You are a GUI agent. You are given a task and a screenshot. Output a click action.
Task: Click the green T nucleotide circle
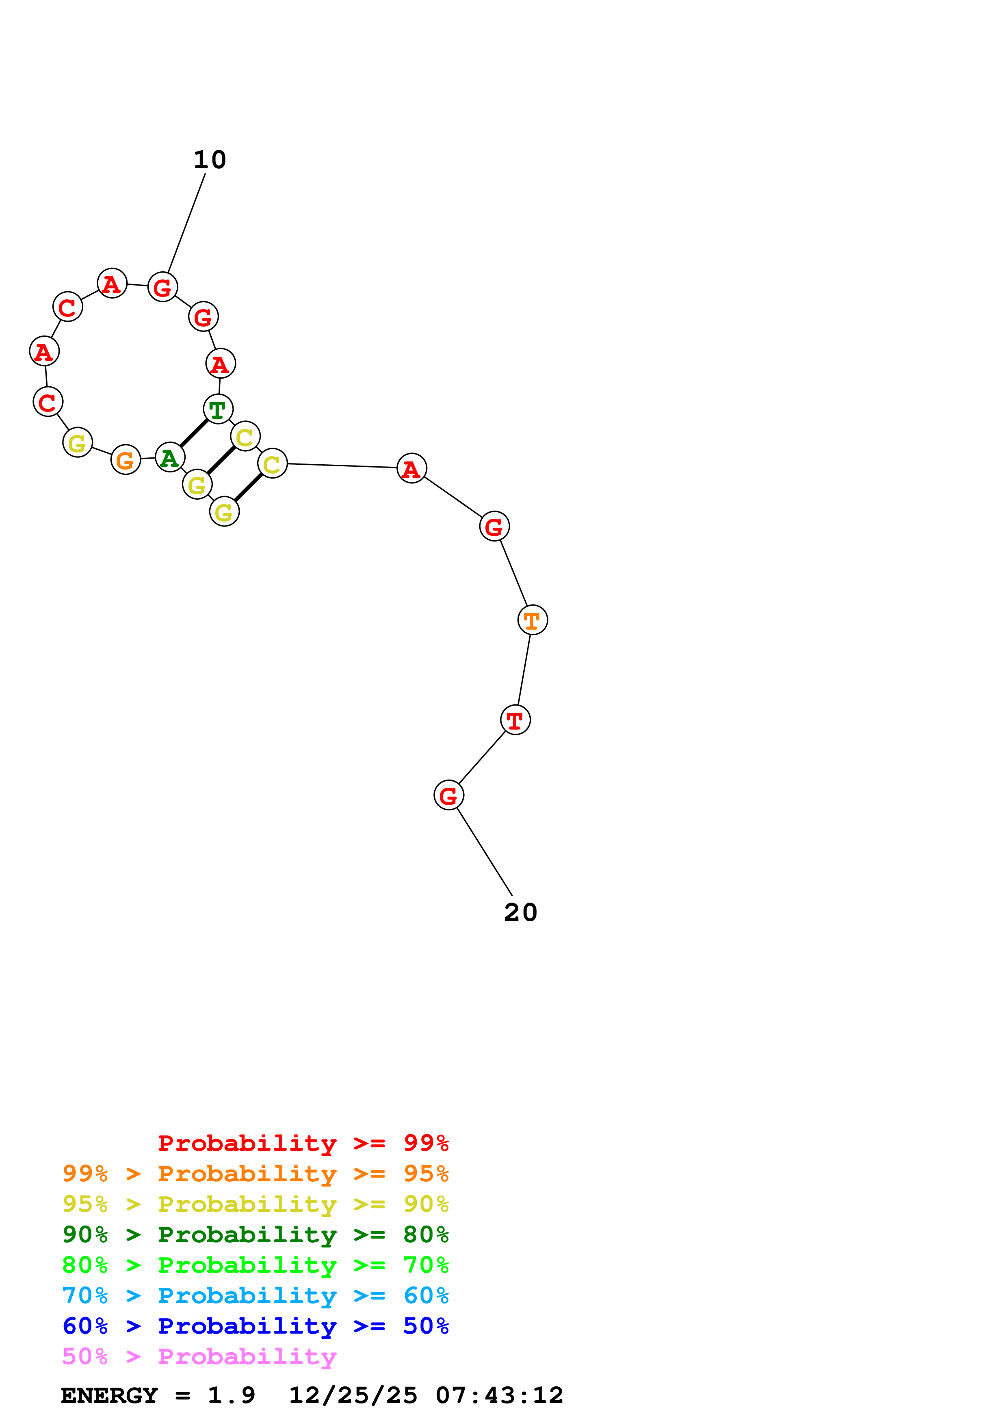(218, 409)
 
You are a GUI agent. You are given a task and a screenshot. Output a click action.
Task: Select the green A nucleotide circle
(169, 457)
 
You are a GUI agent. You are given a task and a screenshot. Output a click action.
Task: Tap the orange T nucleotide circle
(533, 619)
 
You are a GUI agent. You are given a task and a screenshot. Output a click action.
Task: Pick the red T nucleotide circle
(515, 720)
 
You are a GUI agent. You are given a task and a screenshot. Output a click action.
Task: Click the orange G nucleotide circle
(126, 460)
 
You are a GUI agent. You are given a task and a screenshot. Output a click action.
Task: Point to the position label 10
(210, 160)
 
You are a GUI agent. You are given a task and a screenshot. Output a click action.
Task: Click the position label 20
(520, 912)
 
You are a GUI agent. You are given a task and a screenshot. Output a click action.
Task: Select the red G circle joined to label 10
(162, 287)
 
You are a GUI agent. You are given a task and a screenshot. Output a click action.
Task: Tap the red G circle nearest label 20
(448, 795)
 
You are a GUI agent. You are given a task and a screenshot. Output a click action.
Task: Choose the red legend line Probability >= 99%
(303, 1143)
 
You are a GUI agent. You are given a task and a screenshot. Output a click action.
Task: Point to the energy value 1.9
(231, 1395)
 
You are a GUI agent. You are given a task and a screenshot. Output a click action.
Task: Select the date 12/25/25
(353, 1395)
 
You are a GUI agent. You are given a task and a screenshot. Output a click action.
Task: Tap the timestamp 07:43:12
(500, 1395)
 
